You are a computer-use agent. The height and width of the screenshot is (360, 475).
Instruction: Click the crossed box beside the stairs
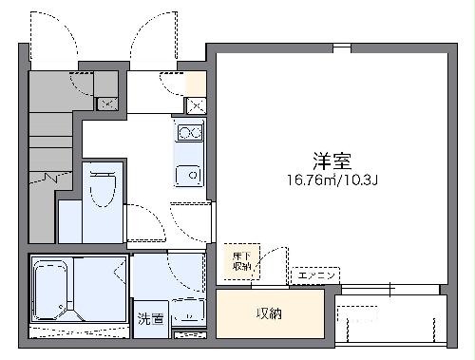point(107,103)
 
